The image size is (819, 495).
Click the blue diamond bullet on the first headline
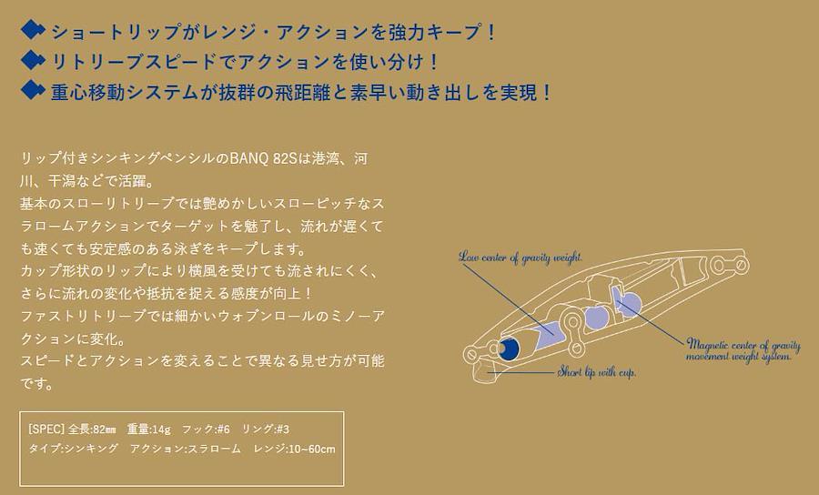[33, 30]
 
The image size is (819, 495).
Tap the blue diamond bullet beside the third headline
[33, 90]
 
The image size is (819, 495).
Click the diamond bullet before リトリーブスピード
[33, 60]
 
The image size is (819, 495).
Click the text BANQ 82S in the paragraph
[264, 158]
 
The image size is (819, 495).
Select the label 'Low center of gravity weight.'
[521, 257]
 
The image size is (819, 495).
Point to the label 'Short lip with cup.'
[596, 372]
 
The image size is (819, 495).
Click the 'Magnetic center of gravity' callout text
[743, 345]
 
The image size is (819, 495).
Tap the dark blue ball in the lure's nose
[508, 349]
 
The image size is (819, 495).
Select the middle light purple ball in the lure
[596, 318]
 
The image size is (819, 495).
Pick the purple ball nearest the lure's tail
[628, 304]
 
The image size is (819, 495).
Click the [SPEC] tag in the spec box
[46, 429]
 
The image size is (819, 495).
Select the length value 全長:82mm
[92, 429]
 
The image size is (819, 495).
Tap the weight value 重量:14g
[149, 429]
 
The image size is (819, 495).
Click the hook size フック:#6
[206, 429]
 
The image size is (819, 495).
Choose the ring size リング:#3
[266, 429]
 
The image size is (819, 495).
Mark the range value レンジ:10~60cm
[295, 449]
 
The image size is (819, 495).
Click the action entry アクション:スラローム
[186, 449]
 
